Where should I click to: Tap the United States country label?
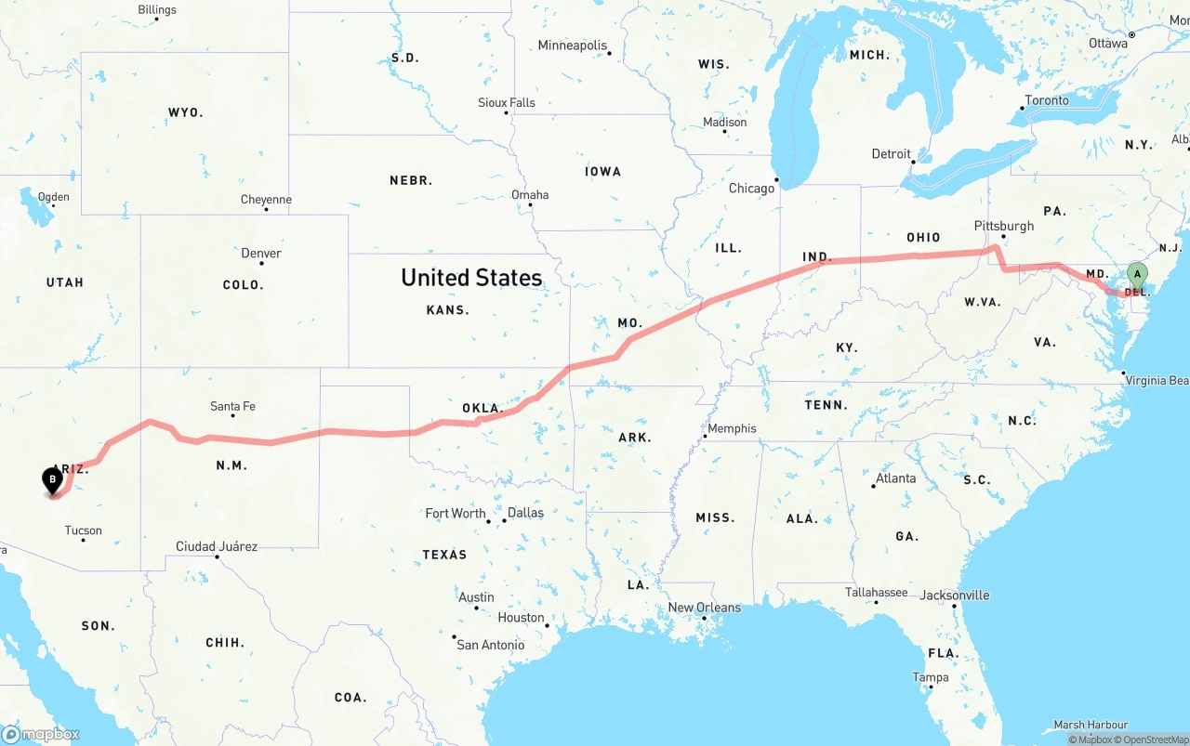(471, 277)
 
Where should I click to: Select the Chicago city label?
(751, 189)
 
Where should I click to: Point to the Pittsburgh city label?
(1003, 226)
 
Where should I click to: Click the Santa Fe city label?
(232, 406)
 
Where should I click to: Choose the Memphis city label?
(732, 429)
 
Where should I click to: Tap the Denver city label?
(261, 253)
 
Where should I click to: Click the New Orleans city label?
(705, 608)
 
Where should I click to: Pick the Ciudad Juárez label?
(217, 546)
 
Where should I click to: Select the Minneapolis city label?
(572, 46)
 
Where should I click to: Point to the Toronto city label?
(1047, 100)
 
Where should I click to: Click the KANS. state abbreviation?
(447, 309)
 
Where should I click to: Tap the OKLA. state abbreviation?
(483, 408)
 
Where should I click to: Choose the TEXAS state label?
(444, 555)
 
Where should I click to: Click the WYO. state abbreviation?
(185, 112)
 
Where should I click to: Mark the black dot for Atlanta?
(876, 486)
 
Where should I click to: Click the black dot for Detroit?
(914, 163)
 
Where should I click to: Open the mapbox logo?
(41, 734)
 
